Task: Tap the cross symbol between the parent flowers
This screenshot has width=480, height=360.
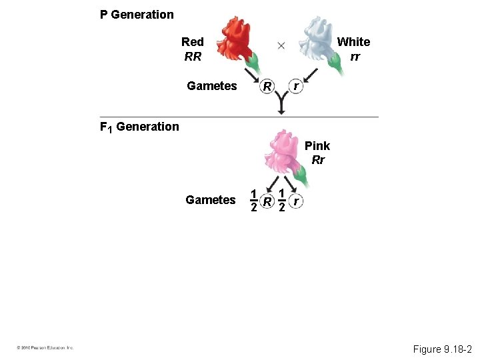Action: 281,45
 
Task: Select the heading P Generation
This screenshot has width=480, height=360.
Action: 137,14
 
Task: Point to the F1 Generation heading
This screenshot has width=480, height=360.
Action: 139,127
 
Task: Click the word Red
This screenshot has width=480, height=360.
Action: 193,42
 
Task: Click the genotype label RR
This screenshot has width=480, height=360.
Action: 193,57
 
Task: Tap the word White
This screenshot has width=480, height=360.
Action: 353,42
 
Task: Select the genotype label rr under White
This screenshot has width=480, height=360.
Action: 355,57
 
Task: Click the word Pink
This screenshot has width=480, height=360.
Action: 317,146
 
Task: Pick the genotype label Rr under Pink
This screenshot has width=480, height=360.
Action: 318,160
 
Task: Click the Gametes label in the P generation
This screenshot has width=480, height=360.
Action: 212,86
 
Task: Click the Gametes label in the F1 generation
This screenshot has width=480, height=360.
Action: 211,200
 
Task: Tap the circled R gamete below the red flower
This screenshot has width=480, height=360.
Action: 267,87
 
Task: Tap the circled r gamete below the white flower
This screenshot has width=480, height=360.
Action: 295,87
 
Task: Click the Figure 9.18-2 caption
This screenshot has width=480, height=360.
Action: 442,349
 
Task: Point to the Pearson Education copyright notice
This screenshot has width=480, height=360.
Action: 45,347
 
